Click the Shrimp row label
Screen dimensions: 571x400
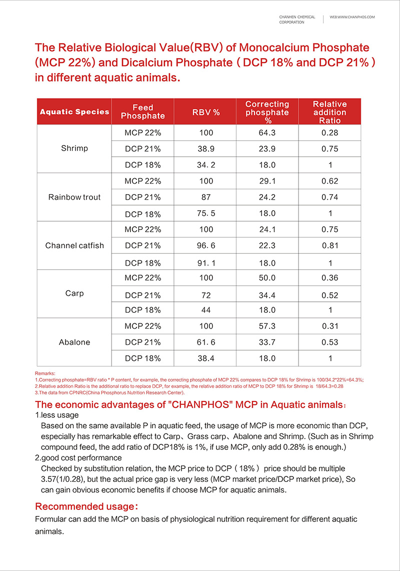[x=74, y=148]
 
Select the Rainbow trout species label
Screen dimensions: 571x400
[x=74, y=197]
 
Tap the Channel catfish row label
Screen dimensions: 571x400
[x=74, y=245]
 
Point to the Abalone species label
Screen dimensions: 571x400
[x=74, y=342]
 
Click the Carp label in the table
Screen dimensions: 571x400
[x=74, y=293]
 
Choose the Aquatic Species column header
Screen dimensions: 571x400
[x=74, y=112]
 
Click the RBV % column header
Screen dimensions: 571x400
[x=206, y=112]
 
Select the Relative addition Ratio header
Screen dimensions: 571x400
[x=329, y=112]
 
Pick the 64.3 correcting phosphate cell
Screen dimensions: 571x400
[x=267, y=133]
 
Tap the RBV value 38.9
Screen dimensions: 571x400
[x=205, y=149]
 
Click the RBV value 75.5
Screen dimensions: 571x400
[x=205, y=214]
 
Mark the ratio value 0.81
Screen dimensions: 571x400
[x=330, y=245]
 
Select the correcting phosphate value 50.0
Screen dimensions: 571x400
[x=267, y=278]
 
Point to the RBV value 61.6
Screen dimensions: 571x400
[x=205, y=342]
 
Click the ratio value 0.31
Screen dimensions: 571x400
[x=330, y=326]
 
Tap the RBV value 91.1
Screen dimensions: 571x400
[x=205, y=263]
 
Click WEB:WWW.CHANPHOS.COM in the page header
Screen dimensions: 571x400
[x=352, y=17]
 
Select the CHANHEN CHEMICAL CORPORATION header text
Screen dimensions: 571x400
[x=297, y=20]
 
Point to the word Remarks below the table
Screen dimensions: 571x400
[x=45, y=373]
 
